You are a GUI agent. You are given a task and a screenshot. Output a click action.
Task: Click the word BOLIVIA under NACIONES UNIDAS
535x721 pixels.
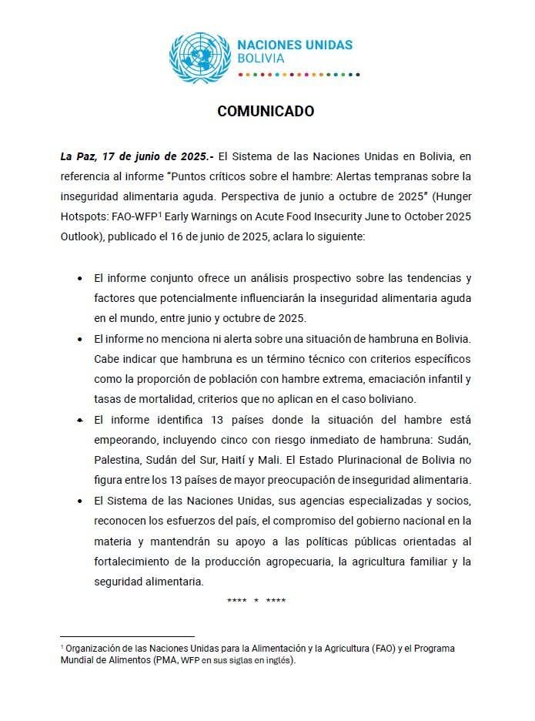(261, 59)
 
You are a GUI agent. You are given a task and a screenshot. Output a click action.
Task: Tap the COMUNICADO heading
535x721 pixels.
(266, 111)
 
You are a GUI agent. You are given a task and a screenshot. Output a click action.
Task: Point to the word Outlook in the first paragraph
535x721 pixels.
(81, 236)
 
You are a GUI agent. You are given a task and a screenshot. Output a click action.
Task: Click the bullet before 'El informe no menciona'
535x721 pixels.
(80, 339)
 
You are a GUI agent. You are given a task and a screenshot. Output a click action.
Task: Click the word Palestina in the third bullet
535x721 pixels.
(119, 460)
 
